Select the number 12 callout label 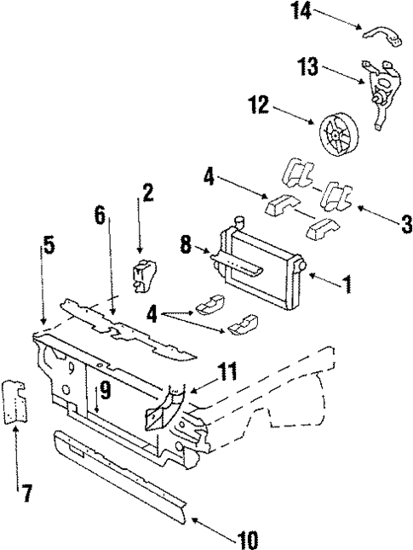click(258, 106)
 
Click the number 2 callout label click(147, 193)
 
